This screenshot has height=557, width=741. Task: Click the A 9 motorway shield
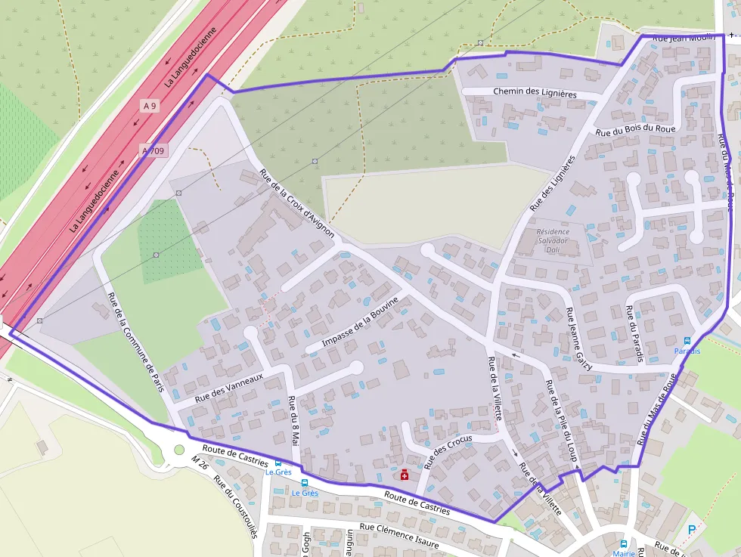[150, 107]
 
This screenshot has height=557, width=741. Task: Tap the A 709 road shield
[153, 151]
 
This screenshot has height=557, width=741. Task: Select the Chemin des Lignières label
[535, 92]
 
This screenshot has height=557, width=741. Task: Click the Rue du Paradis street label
[634, 333]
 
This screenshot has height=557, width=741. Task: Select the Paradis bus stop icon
[687, 341]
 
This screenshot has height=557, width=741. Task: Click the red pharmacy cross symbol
[405, 475]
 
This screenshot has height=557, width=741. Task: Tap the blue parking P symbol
[691, 530]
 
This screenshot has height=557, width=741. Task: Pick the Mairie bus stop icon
[624, 543]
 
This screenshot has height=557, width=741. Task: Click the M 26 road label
[199, 461]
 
